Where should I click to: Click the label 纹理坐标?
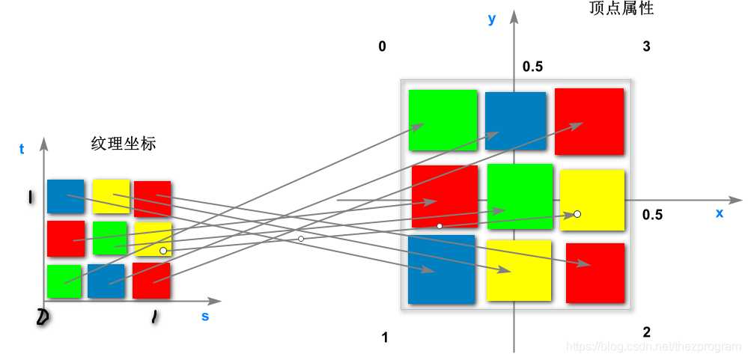coord(124,144)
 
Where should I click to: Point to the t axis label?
coord(22,149)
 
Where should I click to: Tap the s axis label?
coord(205,316)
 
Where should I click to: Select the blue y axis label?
coord(492,19)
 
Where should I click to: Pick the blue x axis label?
coord(720,213)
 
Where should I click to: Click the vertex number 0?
coord(383,47)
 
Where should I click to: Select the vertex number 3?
coord(646,47)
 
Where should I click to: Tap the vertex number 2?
coord(646,332)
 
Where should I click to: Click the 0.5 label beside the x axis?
coord(652,215)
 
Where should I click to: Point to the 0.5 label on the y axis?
coord(532,67)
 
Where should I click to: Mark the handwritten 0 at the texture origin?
coord(43,318)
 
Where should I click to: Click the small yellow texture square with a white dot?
coord(153,239)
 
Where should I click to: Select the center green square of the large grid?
coord(520,195)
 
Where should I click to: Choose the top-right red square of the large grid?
coord(589,121)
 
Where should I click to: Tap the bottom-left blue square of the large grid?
coord(441,269)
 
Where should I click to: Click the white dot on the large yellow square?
coord(577,214)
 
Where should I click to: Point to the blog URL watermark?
coord(654,347)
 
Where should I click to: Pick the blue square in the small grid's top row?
coord(65,196)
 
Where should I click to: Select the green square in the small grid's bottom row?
coord(64,281)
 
